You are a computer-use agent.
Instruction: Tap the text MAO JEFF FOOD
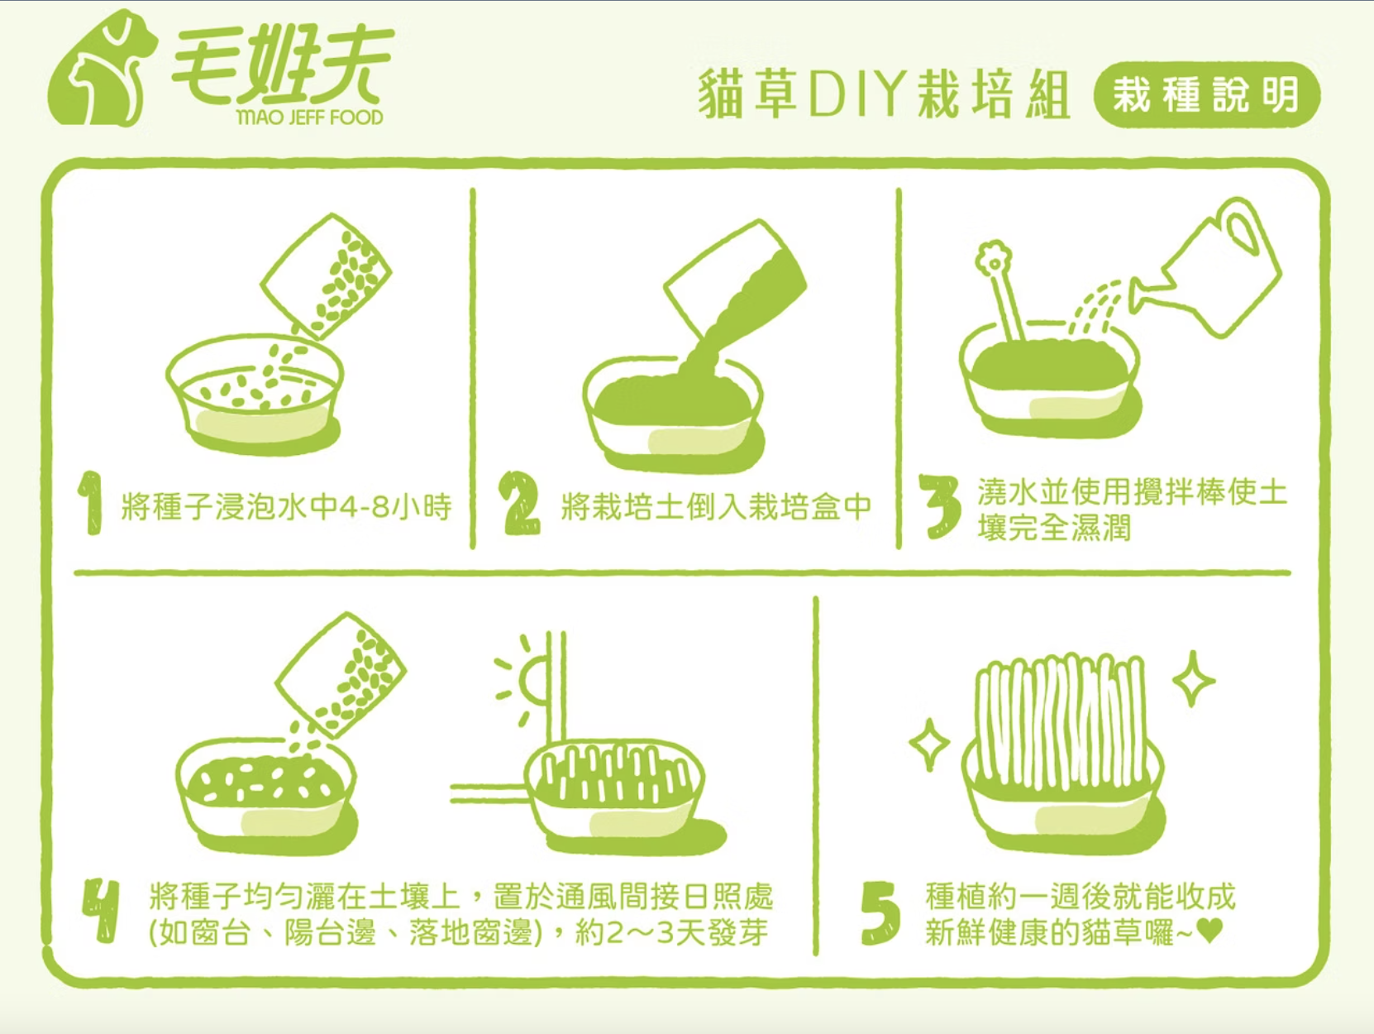coord(308,117)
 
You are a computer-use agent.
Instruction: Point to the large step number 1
coord(92,503)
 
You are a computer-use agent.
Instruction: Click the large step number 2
coord(521,504)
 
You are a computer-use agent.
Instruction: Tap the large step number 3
coord(940,506)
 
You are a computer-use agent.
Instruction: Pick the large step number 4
coord(101,912)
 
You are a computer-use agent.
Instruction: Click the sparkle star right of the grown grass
coord(1193,680)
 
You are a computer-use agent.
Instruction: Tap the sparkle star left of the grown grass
coord(929,744)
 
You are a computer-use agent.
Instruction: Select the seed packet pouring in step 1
coord(326,275)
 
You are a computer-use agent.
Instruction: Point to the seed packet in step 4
coord(341,674)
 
